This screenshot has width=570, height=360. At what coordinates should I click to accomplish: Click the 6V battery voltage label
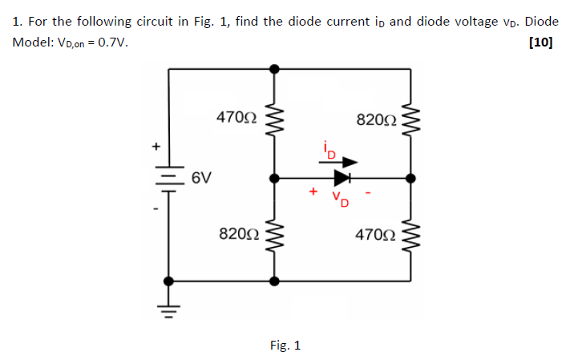[x=202, y=176]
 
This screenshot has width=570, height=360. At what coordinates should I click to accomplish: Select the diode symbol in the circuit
[x=342, y=177]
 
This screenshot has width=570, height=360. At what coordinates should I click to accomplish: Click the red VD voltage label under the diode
[x=341, y=197]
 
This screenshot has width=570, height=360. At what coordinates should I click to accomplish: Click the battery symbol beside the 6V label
[x=168, y=176]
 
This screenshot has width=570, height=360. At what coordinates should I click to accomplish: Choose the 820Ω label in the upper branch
[x=375, y=120]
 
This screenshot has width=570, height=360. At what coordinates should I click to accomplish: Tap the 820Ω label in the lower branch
[x=238, y=233]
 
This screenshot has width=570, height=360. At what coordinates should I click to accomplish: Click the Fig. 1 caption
[x=285, y=346]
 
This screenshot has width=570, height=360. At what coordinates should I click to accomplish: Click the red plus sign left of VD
[x=313, y=192]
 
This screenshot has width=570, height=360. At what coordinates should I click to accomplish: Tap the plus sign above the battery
[x=157, y=147]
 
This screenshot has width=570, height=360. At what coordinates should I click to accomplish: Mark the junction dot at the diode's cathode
[x=410, y=178]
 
